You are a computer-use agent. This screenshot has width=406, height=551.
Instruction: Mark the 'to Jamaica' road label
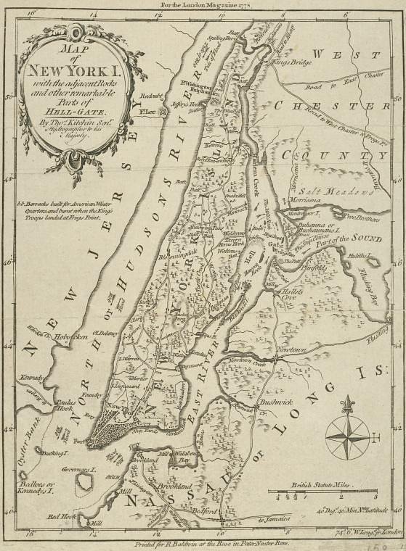pos(275,520)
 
